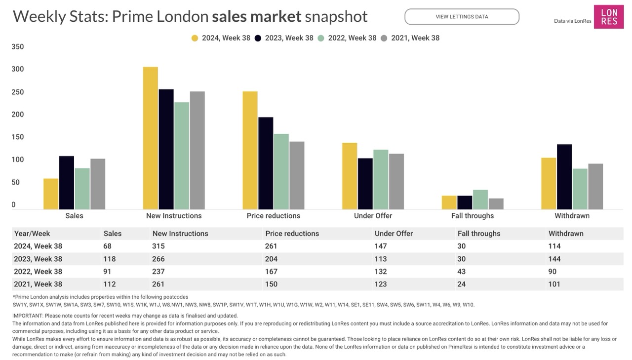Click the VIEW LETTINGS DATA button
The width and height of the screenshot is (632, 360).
coord(462,17)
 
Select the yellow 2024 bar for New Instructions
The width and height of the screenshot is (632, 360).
coord(151,138)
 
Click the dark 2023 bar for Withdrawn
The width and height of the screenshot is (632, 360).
coord(564,177)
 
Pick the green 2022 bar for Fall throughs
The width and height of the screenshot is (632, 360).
coord(480,200)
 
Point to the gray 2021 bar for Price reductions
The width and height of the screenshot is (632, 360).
coord(297,175)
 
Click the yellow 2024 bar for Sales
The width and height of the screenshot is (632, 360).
coord(51,194)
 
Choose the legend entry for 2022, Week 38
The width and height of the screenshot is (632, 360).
coord(347,38)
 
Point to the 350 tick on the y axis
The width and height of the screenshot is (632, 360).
coord(18,47)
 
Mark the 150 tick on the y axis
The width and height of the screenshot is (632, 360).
coord(18,137)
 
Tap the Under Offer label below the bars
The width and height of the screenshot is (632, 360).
coord(373,216)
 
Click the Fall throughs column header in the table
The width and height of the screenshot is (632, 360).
coord(478,234)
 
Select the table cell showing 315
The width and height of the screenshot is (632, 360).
coord(158,246)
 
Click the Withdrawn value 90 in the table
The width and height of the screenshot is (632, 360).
coord(552,272)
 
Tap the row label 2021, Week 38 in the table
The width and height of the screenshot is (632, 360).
coord(38,284)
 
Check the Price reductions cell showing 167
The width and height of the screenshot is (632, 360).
coord(271,272)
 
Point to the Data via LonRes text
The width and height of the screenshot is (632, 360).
coord(572,21)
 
